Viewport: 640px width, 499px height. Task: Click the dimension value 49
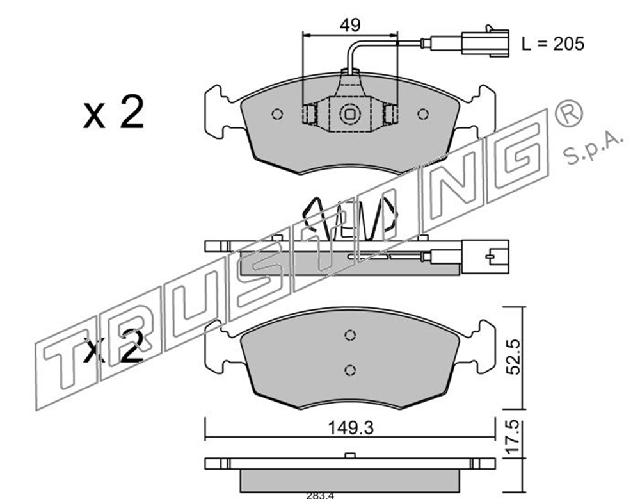(x=350, y=26)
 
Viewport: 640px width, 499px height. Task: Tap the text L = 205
(x=553, y=44)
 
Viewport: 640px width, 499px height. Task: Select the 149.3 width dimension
(x=351, y=428)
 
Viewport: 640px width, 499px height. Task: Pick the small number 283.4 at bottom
(x=321, y=495)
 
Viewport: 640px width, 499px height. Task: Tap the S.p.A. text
(x=593, y=149)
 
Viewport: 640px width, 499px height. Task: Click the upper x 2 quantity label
(x=114, y=112)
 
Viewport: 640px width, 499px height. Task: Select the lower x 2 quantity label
(x=114, y=347)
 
